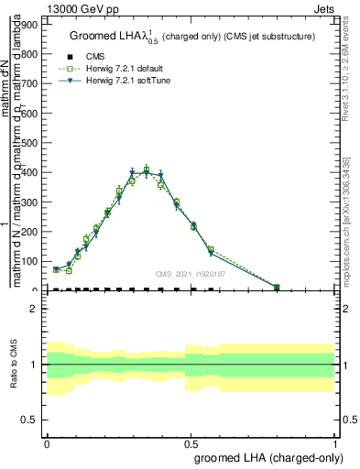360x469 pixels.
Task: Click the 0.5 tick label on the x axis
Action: point(191,442)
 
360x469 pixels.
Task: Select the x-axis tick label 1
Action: point(335,442)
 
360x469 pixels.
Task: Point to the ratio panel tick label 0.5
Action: point(29,420)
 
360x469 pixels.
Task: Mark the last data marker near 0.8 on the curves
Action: point(277,288)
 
